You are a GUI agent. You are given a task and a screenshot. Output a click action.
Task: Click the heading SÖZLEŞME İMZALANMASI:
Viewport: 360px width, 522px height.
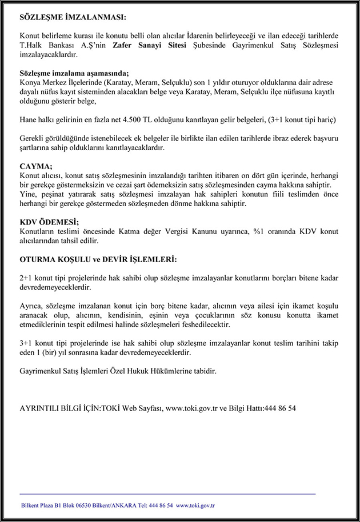pyautogui.click(x=73, y=18)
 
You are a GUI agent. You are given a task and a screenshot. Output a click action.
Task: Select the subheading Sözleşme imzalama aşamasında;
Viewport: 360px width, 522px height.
pyautogui.click(x=74, y=73)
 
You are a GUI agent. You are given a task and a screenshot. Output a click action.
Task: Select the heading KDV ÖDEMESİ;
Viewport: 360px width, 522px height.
pyautogui.click(x=49, y=222)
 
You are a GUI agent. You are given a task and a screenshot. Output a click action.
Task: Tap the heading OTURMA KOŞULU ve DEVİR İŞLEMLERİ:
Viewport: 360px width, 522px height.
pyautogui.click(x=98, y=259)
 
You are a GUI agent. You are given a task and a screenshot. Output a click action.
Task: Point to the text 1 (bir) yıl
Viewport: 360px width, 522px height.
pyautogui.click(x=58, y=352)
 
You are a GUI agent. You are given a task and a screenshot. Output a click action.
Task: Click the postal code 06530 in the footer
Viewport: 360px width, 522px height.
pyautogui.click(x=95, y=505)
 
